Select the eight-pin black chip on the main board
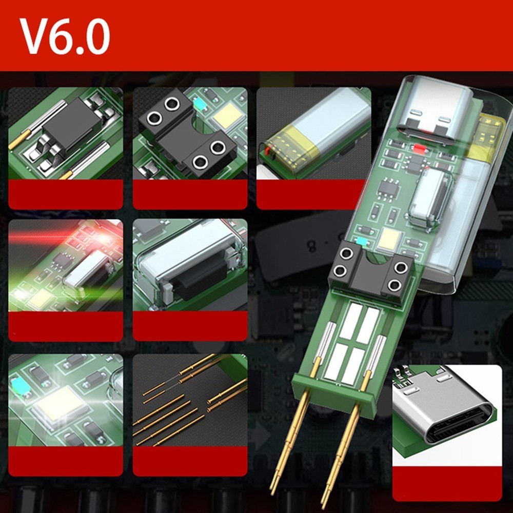pos(389,189)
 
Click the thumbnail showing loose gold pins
pos(190,405)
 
